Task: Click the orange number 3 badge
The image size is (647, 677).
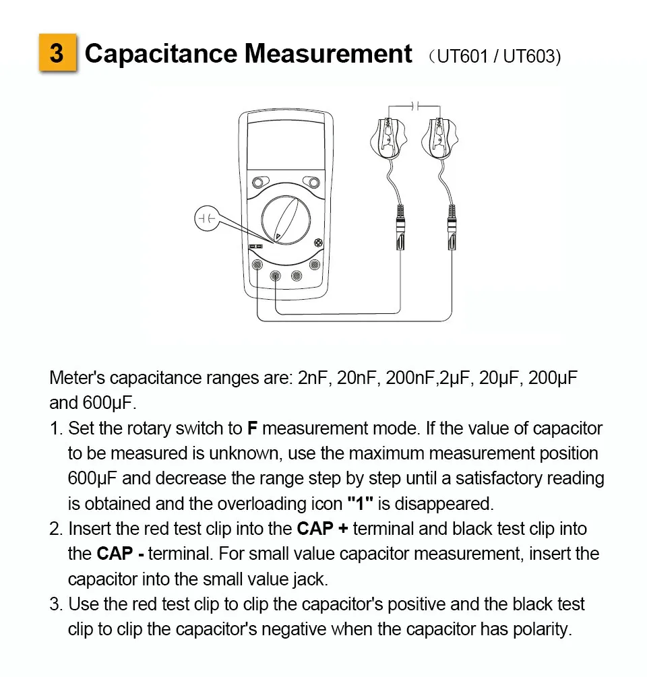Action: (57, 53)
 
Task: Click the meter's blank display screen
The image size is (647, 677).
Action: (286, 144)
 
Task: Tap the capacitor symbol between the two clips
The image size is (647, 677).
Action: (415, 105)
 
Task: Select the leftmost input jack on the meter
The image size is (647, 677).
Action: (257, 265)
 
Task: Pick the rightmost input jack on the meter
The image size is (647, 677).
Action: (314, 265)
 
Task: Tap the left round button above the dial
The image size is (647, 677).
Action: (259, 183)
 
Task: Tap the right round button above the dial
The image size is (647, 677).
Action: (311, 182)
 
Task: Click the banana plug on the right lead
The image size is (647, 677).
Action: (452, 229)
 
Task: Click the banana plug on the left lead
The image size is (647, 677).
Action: (399, 229)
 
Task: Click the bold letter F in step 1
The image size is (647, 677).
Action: (253, 428)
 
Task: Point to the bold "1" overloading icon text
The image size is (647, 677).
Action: (360, 503)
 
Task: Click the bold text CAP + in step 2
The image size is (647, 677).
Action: (323, 529)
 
